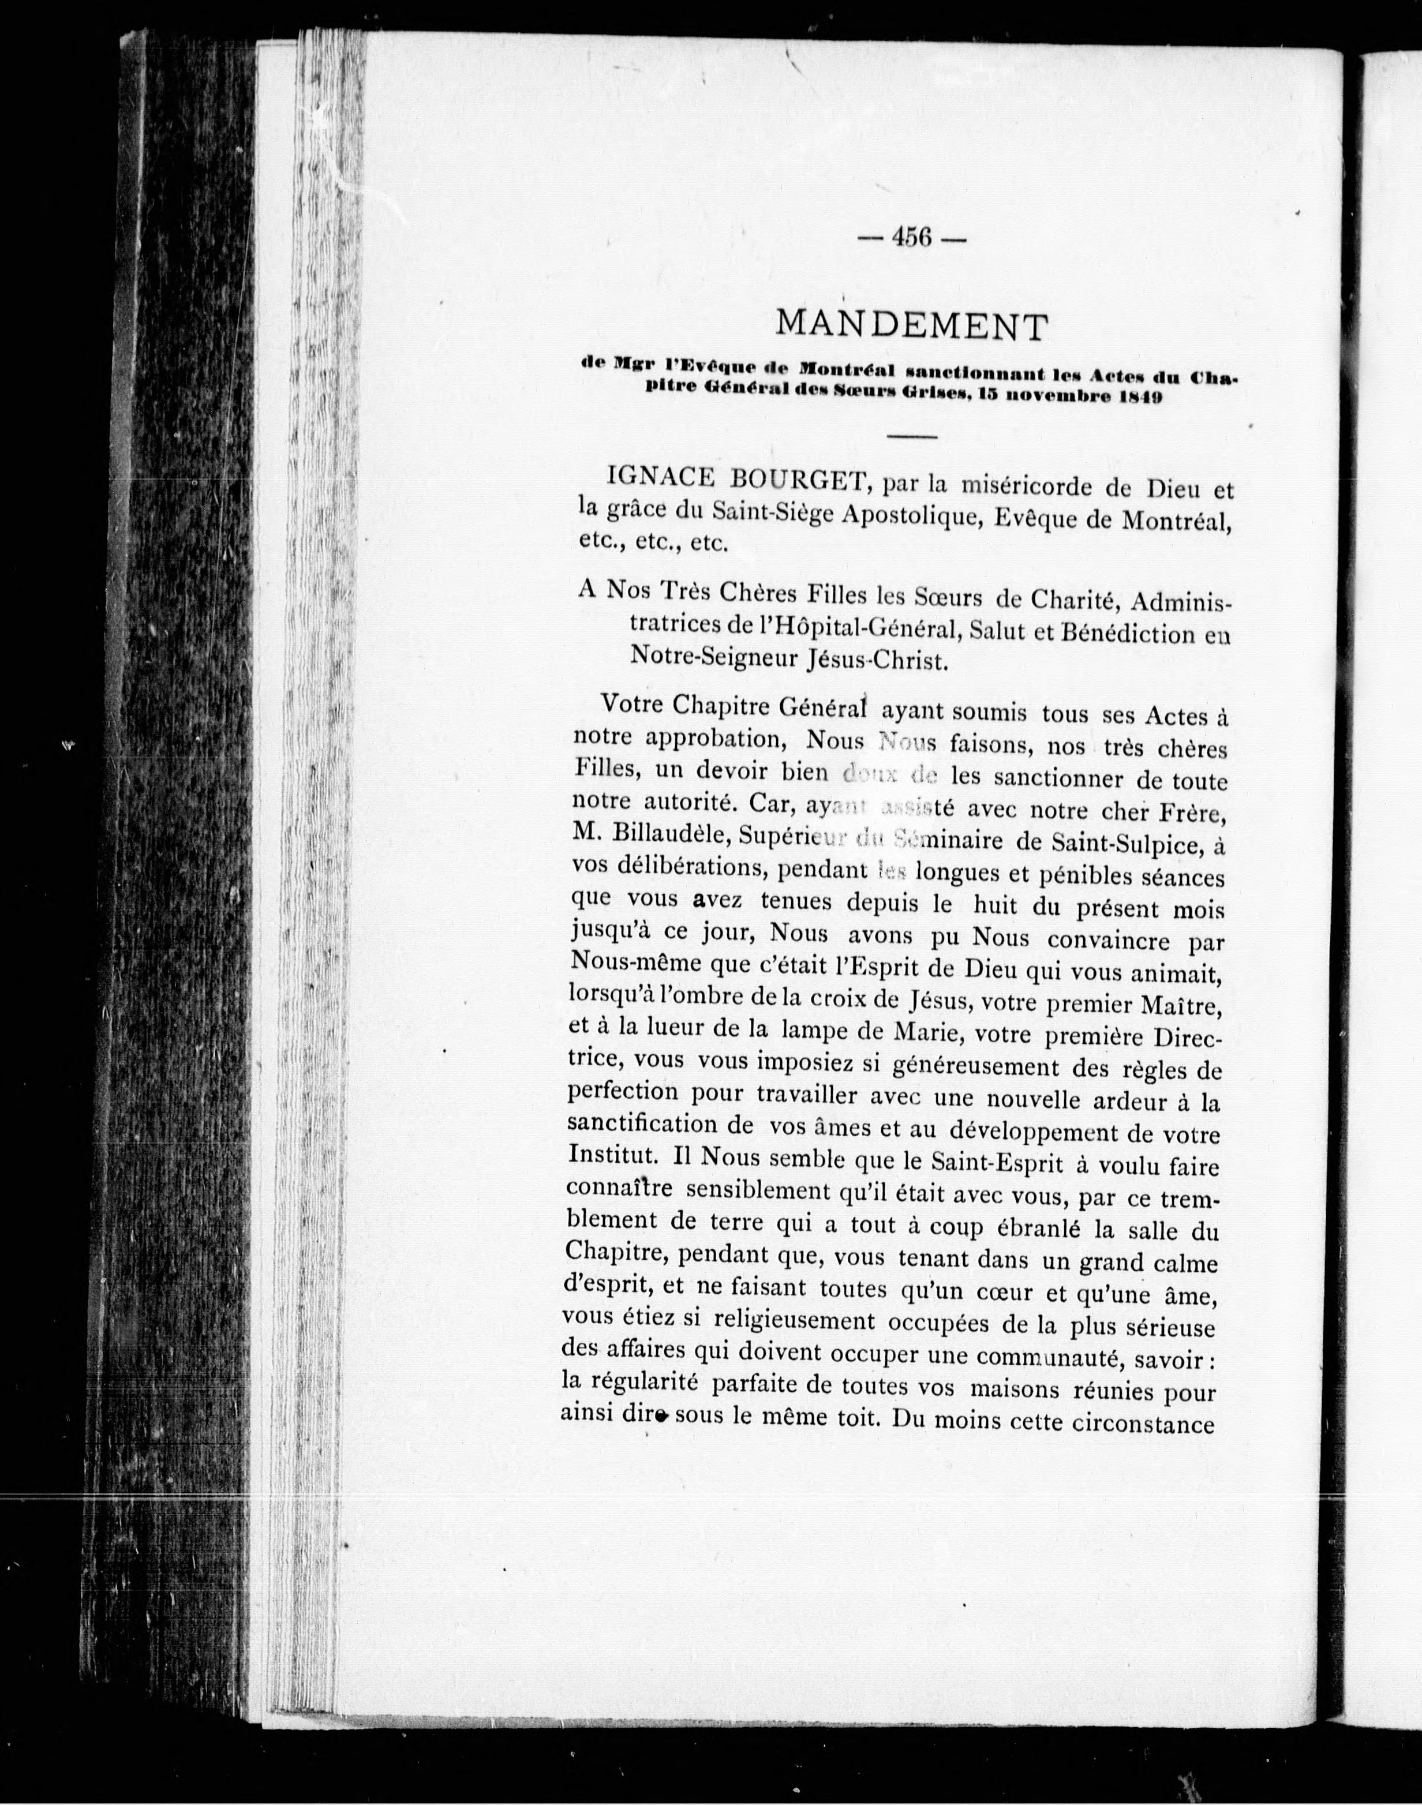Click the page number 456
912,238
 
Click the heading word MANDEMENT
911,325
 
